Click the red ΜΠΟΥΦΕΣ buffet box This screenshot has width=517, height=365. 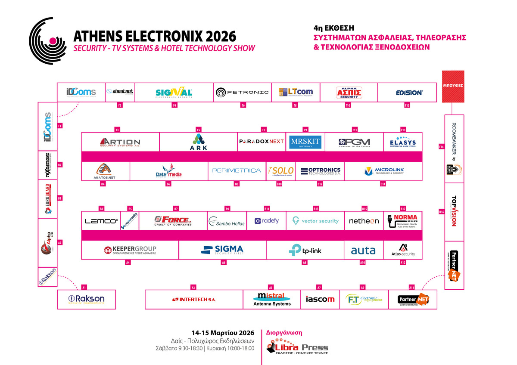(x=453, y=86)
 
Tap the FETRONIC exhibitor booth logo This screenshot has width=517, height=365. (x=242, y=92)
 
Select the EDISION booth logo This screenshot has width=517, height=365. (x=409, y=93)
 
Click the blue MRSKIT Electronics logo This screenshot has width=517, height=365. (x=305, y=142)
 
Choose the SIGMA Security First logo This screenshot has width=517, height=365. (x=222, y=250)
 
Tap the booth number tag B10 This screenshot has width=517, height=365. (x=279, y=184)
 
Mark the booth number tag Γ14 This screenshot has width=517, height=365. (x=441, y=147)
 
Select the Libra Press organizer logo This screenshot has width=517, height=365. (x=297, y=347)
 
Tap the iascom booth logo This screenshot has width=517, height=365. (x=320, y=299)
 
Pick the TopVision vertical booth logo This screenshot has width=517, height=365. (x=454, y=211)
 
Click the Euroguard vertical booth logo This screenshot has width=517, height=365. (x=48, y=199)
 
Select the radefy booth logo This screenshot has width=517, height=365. (x=267, y=221)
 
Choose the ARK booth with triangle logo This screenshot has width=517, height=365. (x=198, y=142)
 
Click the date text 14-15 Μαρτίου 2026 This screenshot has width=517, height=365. (x=223, y=333)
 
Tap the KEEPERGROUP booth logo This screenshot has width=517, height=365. (x=130, y=250)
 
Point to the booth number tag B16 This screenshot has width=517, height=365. (x=441, y=212)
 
